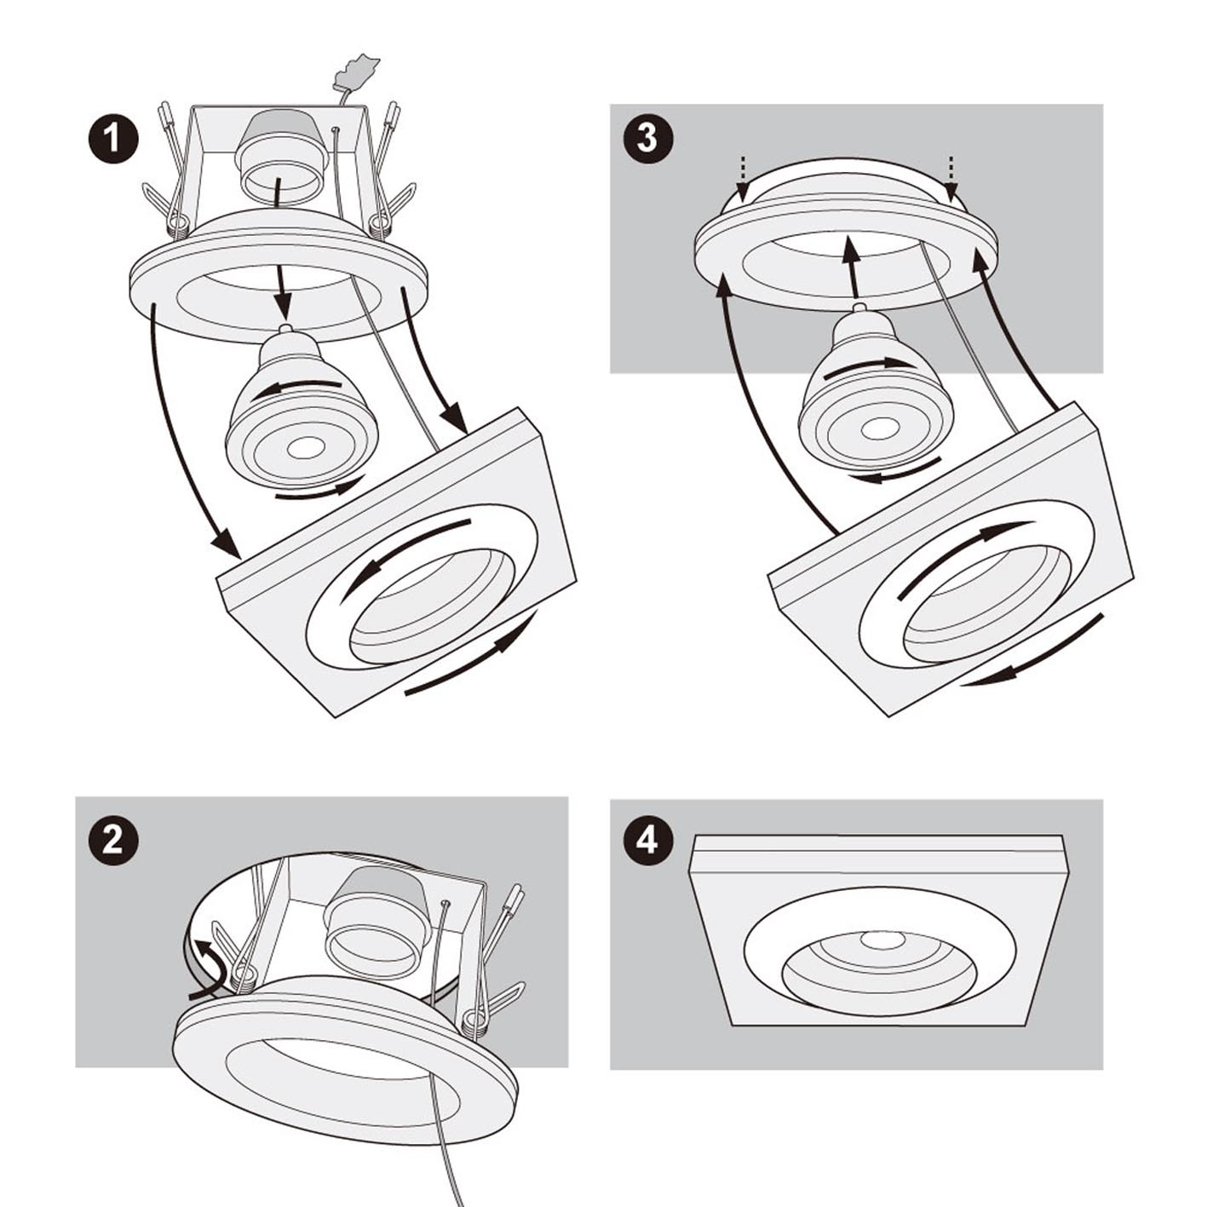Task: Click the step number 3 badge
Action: pos(647,137)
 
